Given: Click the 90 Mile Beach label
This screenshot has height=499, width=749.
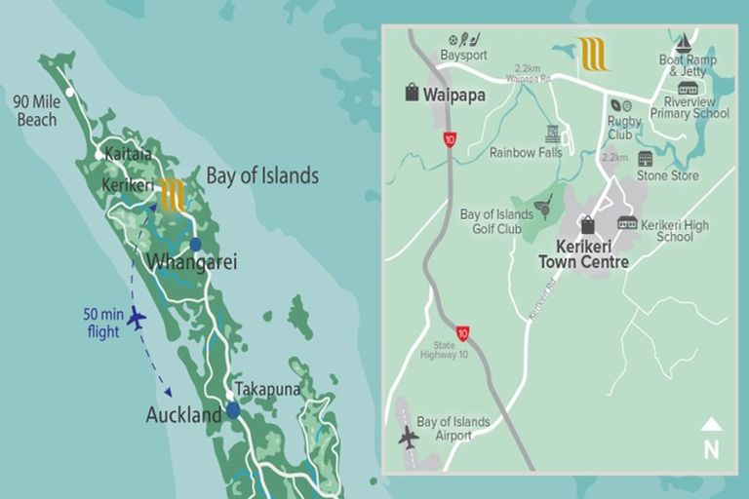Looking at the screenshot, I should coord(35,110).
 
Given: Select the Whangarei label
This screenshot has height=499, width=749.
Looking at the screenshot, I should coord(191,262).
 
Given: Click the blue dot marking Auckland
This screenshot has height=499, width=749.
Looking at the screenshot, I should coord(233,410).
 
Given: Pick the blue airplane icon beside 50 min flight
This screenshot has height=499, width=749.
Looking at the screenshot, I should coord(137,318).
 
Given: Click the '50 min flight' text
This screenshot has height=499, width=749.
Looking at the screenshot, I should coord(101,323).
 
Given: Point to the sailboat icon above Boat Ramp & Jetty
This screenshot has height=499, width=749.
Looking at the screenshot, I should coord(684,43).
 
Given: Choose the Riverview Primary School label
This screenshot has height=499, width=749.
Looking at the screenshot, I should coord(695,107).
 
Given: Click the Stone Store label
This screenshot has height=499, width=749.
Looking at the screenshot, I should coord(667,176).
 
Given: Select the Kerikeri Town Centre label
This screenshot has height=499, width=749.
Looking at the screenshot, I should coord(583,254).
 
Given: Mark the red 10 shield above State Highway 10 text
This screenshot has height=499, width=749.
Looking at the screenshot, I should coord(462,333).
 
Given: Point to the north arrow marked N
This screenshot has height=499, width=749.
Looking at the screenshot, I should coord(711,440).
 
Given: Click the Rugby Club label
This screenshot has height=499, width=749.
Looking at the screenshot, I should coord(620,130).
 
